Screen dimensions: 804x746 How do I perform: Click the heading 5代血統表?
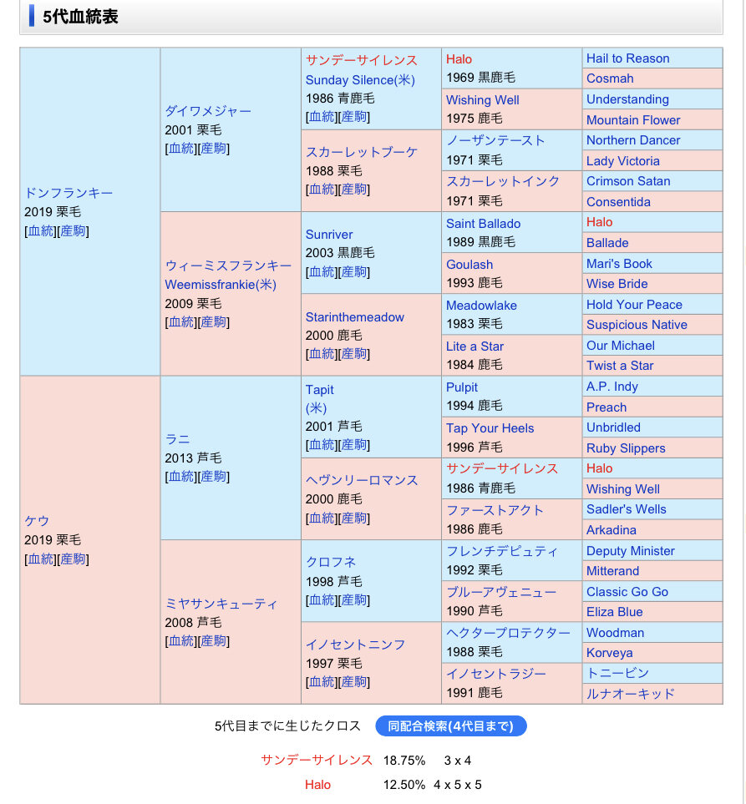click(x=80, y=16)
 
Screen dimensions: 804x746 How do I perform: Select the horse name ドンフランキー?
click(x=69, y=193)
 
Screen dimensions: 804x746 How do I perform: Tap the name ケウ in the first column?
click(x=37, y=521)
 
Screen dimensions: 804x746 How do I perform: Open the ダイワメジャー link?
click(x=208, y=110)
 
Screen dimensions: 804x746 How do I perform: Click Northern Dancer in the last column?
click(x=632, y=140)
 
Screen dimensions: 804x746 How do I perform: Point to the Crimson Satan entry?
click(x=627, y=181)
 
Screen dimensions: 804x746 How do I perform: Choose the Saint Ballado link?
click(x=483, y=223)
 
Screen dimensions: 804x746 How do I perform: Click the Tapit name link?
click(x=319, y=389)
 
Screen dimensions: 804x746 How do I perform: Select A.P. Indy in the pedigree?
click(x=612, y=387)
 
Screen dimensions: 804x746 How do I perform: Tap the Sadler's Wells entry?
click(x=626, y=509)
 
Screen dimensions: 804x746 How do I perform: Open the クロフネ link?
click(x=331, y=562)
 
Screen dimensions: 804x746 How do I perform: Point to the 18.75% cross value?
click(x=404, y=761)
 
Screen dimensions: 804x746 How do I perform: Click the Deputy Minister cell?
click(x=630, y=551)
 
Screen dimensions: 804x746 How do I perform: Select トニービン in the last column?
click(x=617, y=673)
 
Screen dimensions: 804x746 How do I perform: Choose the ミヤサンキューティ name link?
click(x=221, y=603)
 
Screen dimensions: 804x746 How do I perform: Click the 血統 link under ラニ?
click(x=180, y=477)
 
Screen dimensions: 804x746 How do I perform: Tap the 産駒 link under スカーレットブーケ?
click(x=354, y=190)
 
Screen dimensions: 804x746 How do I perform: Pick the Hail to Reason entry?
click(x=627, y=58)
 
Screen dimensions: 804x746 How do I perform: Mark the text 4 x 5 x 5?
click(x=458, y=785)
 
